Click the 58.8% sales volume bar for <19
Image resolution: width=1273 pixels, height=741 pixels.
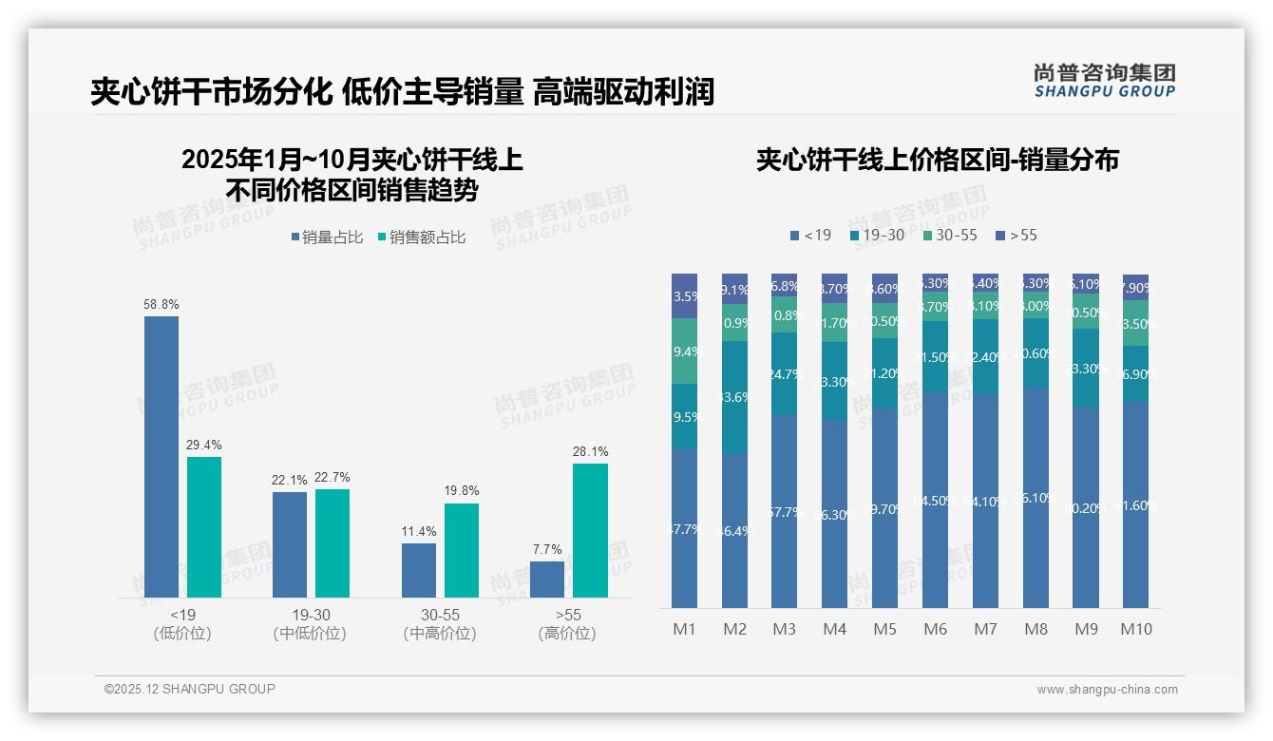161,456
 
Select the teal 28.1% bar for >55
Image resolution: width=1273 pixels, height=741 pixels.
590,530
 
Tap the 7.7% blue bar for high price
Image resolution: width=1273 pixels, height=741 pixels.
547,579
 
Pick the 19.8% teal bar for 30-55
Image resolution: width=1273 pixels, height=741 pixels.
462,550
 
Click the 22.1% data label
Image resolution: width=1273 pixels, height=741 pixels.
290,481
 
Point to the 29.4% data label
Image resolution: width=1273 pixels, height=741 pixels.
204,446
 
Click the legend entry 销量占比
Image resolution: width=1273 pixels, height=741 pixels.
327,237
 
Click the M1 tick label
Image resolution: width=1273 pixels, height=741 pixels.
684,629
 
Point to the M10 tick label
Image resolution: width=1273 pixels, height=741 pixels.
1135,629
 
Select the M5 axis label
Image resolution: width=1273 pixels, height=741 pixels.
884,629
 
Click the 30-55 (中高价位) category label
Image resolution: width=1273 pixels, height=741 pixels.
440,624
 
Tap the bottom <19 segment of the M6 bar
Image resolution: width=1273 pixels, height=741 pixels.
935,500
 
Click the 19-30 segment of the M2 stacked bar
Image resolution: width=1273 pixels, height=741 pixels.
734,397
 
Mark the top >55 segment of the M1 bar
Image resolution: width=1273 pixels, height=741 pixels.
684,295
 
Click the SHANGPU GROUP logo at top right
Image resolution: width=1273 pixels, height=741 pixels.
1104,81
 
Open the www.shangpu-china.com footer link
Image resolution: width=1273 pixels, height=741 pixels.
1107,690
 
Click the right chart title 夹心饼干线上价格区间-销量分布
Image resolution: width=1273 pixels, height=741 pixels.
937,160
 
